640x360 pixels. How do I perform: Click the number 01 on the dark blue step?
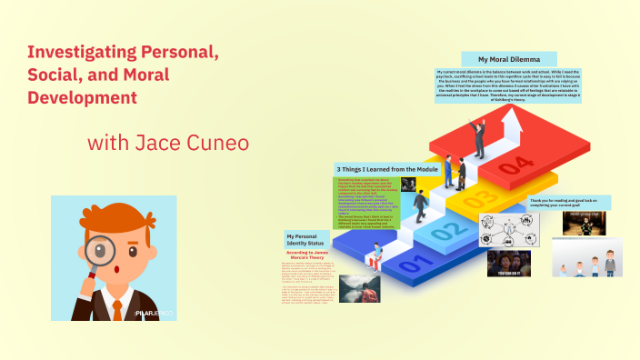411,265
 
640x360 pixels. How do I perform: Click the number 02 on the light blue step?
441,231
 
